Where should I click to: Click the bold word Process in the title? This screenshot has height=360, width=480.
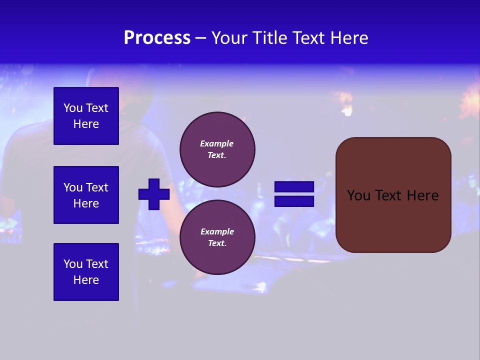pyautogui.click(x=157, y=38)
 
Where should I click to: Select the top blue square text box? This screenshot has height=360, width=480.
pyautogui.click(x=86, y=116)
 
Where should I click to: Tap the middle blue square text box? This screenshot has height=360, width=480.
pyautogui.click(x=86, y=195)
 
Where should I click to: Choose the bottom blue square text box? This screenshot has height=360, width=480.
pyautogui.click(x=86, y=272)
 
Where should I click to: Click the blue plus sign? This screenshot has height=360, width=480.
pyautogui.click(x=154, y=194)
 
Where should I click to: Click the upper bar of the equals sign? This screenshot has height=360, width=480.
pyautogui.click(x=294, y=187)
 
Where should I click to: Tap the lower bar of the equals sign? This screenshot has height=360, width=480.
pyautogui.click(x=294, y=201)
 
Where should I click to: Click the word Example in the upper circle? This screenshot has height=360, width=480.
pyautogui.click(x=217, y=143)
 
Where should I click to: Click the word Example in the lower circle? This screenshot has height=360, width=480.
pyautogui.click(x=217, y=231)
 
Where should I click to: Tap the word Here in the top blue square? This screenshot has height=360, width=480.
pyautogui.click(x=86, y=124)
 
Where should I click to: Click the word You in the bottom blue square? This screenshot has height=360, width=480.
pyautogui.click(x=73, y=264)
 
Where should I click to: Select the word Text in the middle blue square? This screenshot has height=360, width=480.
pyautogui.click(x=97, y=187)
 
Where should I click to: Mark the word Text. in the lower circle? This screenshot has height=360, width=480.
pyautogui.click(x=217, y=243)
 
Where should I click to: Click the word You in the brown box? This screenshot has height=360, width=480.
pyautogui.click(x=358, y=195)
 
